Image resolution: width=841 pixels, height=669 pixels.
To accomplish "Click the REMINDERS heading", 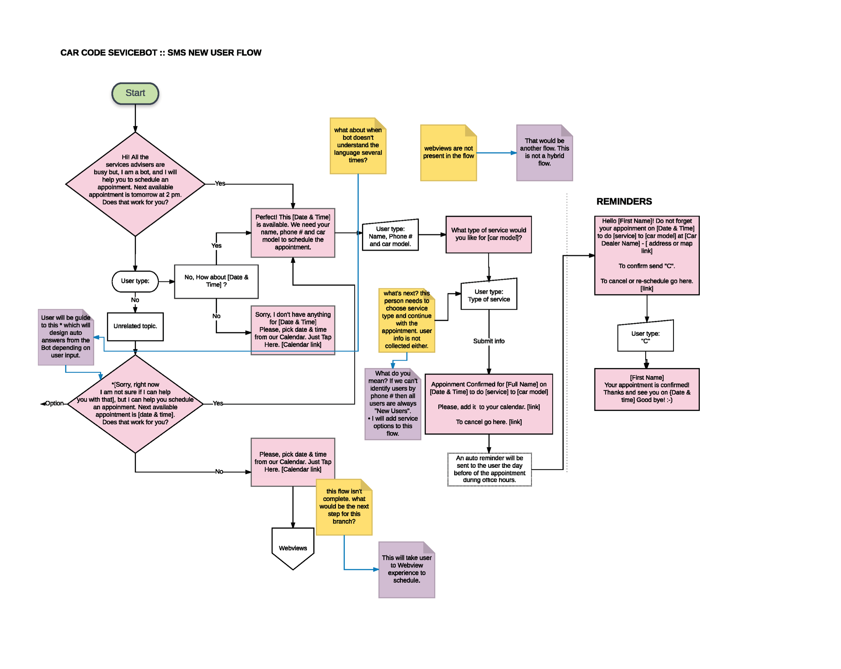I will coord(624,201).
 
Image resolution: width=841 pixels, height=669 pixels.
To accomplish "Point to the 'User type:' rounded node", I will coord(135,281).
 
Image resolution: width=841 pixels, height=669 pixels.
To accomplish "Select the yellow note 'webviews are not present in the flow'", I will coord(448,153).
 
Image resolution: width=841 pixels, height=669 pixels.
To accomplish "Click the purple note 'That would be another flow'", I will coord(544,153).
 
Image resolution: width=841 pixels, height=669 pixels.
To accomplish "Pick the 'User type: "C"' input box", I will coord(645,337).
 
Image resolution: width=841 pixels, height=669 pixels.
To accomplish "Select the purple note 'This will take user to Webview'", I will coord(406,569).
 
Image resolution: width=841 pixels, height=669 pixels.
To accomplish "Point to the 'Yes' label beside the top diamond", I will coord(220,183).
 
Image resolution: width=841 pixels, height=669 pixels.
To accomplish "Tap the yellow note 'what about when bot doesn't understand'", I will coord(358,146).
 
